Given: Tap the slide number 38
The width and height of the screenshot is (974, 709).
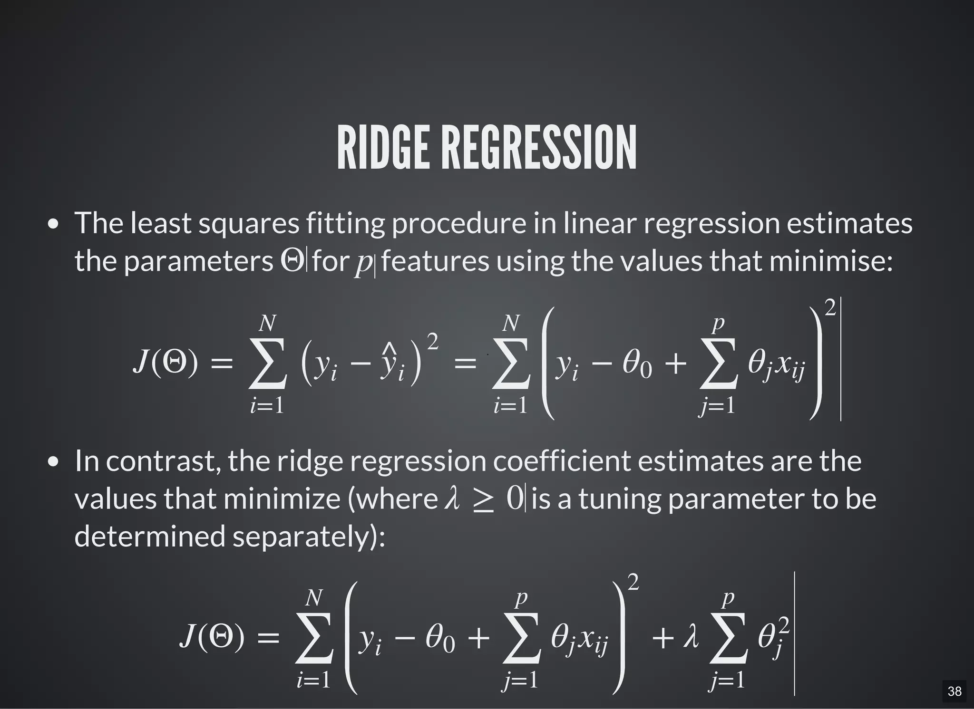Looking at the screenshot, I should (x=954, y=691).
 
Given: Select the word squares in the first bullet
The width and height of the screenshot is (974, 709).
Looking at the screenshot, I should (x=249, y=223).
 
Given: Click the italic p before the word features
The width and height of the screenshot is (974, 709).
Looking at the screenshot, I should (x=364, y=262).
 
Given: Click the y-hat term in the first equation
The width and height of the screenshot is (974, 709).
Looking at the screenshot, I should (x=392, y=366).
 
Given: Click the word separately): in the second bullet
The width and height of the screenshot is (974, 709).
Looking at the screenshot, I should (x=309, y=537).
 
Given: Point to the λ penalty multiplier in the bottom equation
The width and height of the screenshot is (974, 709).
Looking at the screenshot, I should (x=691, y=637).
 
